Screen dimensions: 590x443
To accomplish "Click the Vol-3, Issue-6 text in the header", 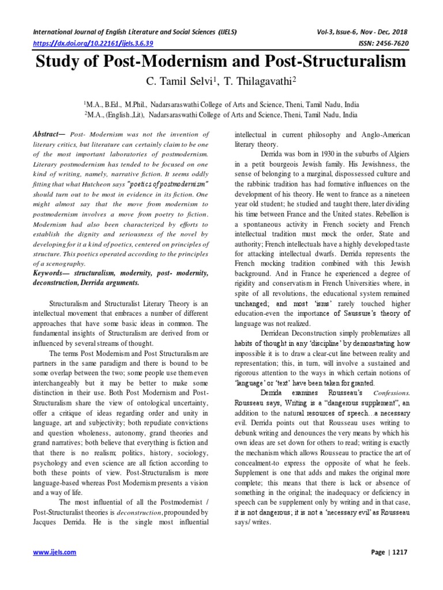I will [x=346, y=32].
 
